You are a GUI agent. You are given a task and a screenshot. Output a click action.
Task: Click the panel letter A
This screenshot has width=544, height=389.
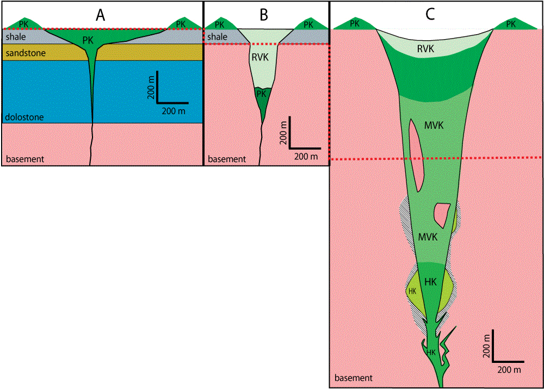pyautogui.click(x=100, y=15)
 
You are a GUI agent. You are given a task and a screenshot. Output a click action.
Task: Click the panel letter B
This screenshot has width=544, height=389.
pyautogui.click(x=264, y=15)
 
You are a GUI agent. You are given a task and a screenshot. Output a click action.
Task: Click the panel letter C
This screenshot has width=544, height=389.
pyautogui.click(x=430, y=15)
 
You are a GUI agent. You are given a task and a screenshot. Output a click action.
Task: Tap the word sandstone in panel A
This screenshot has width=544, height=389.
pyautogui.click(x=24, y=53)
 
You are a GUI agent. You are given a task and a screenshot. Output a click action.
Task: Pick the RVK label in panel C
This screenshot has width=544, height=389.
pyautogui.click(x=426, y=48)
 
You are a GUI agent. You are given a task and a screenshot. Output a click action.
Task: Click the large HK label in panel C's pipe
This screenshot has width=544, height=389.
pyautogui.click(x=431, y=282)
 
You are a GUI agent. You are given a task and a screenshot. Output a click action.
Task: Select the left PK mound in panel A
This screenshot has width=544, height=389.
pyautogui.click(x=24, y=23)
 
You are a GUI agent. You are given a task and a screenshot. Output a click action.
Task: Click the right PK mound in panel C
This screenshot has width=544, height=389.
pyautogui.click(x=511, y=24)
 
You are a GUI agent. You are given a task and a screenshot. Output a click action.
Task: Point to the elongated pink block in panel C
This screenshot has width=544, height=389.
pyautogui.click(x=416, y=155)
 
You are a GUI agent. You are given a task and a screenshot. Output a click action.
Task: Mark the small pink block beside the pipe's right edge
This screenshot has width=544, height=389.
pyautogui.click(x=442, y=213)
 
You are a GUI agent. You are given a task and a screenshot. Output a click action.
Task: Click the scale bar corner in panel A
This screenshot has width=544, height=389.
pyautogui.click(x=157, y=102)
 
